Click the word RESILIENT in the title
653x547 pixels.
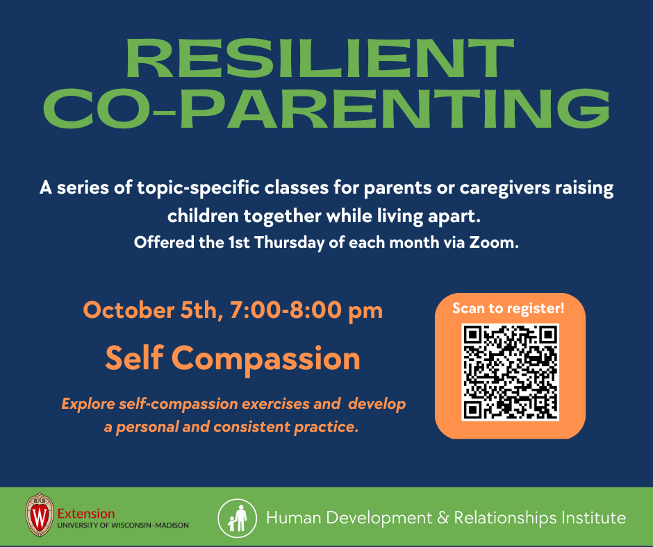click(x=320, y=58)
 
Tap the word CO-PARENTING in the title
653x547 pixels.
click(x=326, y=108)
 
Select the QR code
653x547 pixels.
click(x=510, y=372)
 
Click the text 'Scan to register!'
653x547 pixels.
click(x=509, y=308)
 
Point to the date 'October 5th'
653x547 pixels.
click(x=150, y=310)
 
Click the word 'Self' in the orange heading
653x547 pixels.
click(x=133, y=357)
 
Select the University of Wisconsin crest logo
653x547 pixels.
click(x=40, y=515)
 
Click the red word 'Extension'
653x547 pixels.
click(x=86, y=513)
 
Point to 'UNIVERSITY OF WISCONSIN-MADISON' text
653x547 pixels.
click(x=123, y=525)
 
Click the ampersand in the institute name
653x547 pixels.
click(x=443, y=518)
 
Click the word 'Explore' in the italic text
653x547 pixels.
click(x=88, y=404)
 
